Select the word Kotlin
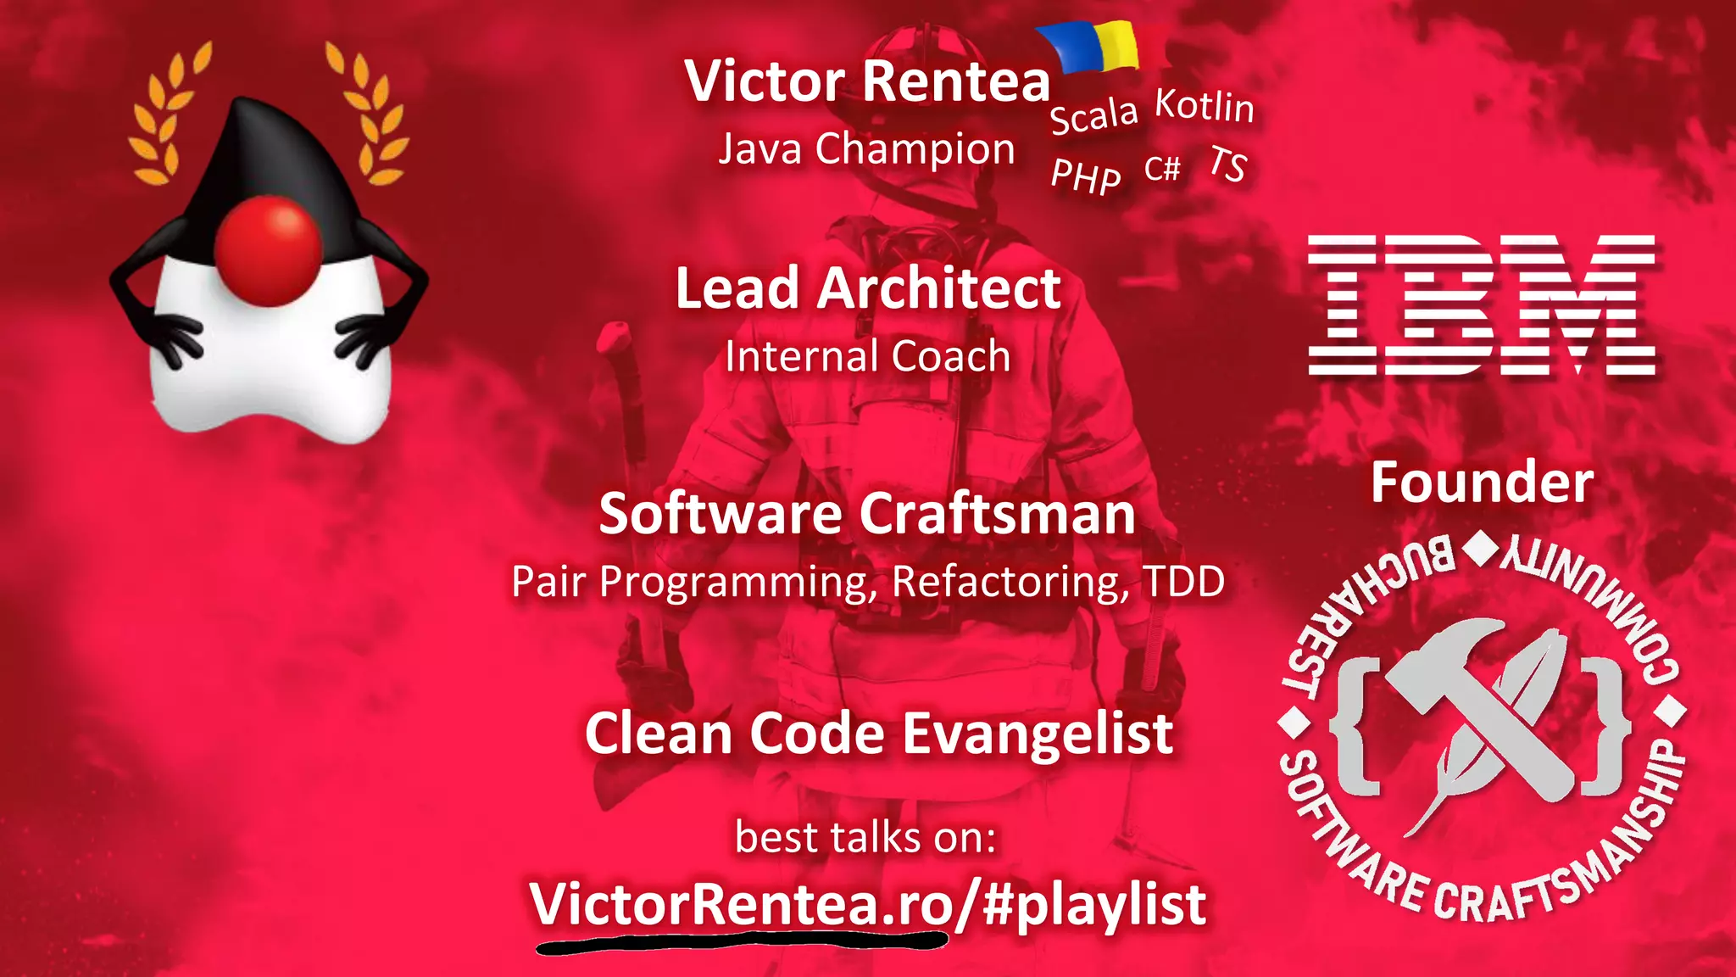(1205, 106)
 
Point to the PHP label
(1086, 176)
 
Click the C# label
(1162, 169)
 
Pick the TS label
(1228, 164)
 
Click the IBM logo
(1482, 305)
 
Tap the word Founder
(1482, 483)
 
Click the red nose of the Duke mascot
(268, 250)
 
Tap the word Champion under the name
(915, 149)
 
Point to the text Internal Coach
(867, 356)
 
